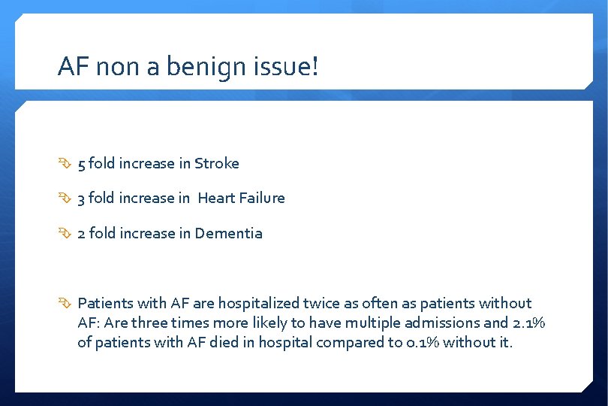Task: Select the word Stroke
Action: click(x=217, y=163)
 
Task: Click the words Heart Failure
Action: click(x=242, y=198)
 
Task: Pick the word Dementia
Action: click(x=229, y=234)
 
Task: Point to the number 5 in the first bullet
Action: click(x=82, y=163)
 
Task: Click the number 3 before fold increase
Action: click(x=82, y=198)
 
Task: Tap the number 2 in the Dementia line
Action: click(x=82, y=234)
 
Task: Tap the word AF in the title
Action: click(x=70, y=68)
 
